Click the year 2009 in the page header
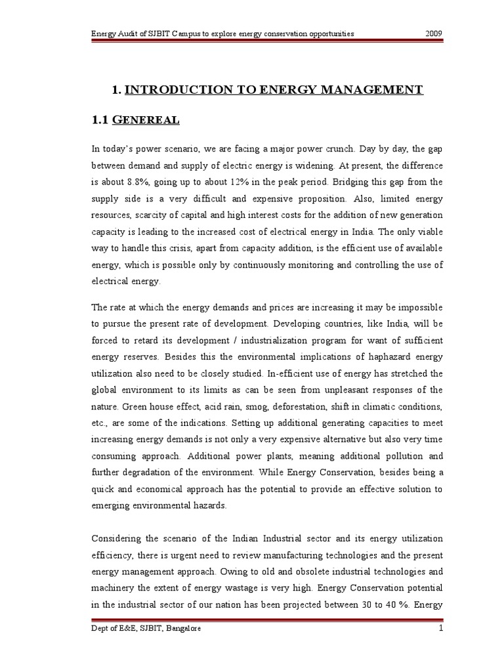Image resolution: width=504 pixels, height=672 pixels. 434,32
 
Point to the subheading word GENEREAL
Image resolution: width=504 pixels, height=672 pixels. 147,120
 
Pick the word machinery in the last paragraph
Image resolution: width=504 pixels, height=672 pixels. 113,589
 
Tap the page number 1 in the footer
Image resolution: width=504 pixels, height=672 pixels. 442,629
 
